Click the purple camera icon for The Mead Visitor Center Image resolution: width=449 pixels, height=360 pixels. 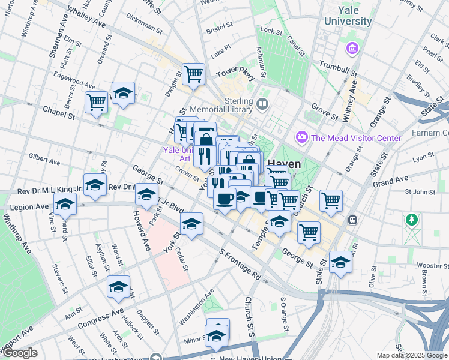(301, 138)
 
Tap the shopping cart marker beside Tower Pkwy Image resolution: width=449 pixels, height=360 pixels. (194, 74)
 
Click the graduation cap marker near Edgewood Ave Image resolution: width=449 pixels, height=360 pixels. (123, 94)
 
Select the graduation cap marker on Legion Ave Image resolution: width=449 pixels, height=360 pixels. (65, 204)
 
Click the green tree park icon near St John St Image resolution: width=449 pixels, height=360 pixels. (411, 220)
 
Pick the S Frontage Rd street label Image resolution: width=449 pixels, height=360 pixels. (240, 265)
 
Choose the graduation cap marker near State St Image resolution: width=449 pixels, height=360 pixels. (340, 262)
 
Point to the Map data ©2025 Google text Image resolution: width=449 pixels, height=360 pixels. (412, 355)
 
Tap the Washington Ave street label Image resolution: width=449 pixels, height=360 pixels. (196, 307)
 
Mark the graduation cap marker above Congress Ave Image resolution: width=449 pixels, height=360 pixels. (118, 287)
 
